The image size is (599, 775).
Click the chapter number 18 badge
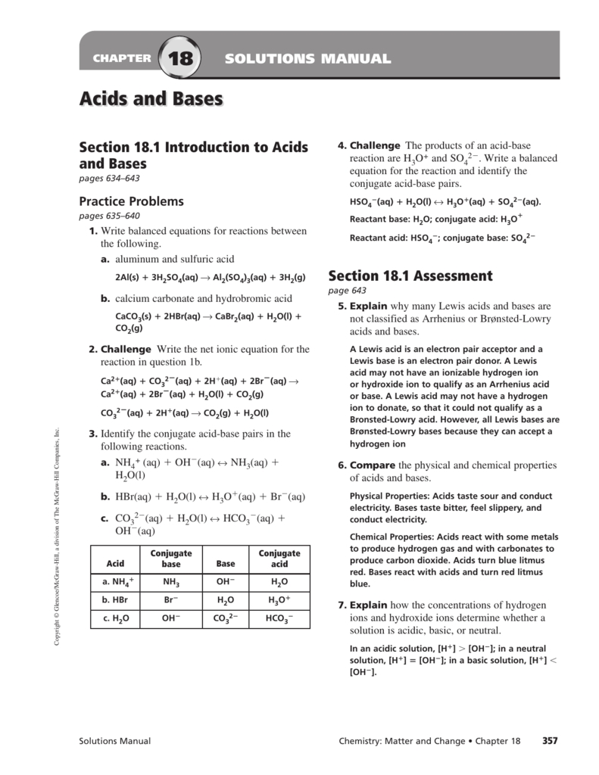click(x=180, y=59)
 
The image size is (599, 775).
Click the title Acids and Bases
click(x=151, y=99)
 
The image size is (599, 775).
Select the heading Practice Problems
click(x=132, y=201)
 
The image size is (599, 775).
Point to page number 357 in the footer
click(x=550, y=741)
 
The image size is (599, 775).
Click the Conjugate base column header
click(x=171, y=559)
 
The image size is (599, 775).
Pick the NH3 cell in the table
click(x=171, y=582)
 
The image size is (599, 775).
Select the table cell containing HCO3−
click(x=279, y=618)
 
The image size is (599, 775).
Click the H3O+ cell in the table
click(x=279, y=600)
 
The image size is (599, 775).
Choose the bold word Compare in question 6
click(x=373, y=465)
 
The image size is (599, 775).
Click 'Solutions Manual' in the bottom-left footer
click(x=115, y=741)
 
